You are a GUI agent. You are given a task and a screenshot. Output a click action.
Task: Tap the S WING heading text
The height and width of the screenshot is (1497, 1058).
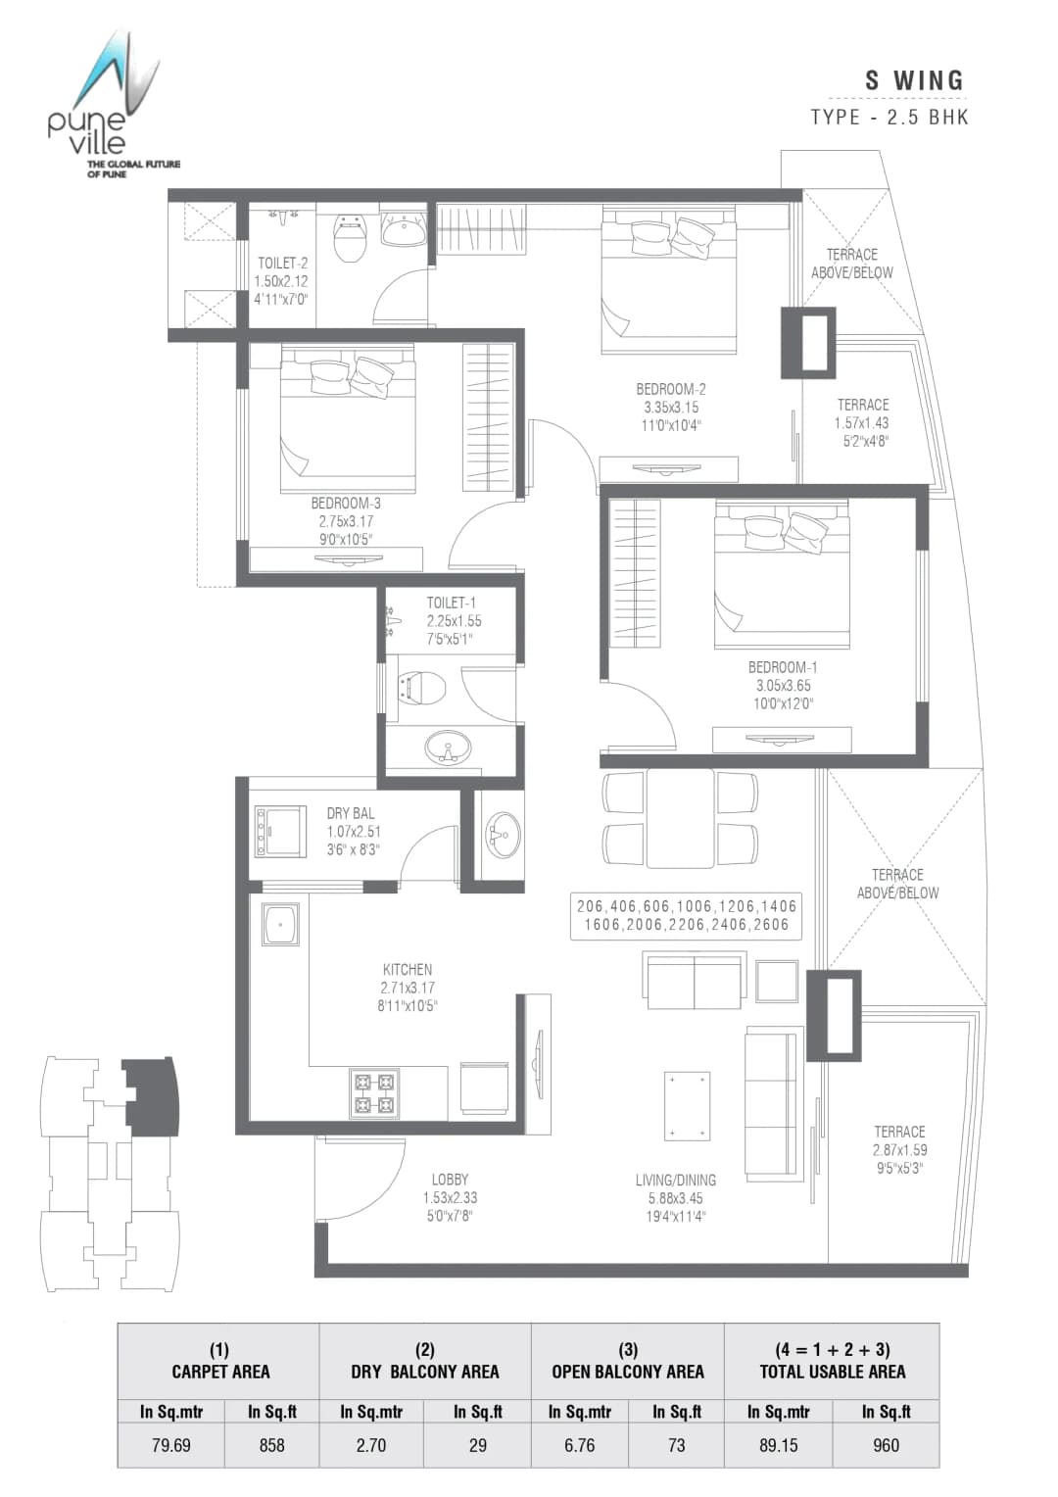pos(914,81)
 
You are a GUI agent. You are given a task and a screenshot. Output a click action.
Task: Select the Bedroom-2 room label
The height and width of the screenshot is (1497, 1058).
pos(671,407)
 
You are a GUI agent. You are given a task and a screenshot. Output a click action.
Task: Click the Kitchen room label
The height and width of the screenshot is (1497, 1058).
pos(408,987)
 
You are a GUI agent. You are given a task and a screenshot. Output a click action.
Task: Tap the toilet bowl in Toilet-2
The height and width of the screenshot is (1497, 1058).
pos(350,238)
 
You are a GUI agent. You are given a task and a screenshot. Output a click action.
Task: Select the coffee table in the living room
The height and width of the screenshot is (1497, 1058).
pos(687,1106)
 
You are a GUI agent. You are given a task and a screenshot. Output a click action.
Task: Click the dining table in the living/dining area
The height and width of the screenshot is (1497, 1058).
pos(680,818)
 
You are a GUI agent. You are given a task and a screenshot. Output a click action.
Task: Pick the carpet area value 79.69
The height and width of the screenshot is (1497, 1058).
pos(171,1445)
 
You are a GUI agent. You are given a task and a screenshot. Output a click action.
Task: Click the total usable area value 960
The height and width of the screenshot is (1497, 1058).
pos(886,1445)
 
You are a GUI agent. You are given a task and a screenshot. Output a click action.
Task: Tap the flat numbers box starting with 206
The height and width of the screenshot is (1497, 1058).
pos(686,915)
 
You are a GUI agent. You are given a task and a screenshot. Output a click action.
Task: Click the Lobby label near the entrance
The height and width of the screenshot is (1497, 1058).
pos(450,1197)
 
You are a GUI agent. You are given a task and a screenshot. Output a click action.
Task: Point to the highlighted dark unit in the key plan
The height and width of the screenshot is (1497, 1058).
pos(154,1096)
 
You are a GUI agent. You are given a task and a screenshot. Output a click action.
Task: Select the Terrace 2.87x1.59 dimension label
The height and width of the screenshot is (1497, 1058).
pos(899,1149)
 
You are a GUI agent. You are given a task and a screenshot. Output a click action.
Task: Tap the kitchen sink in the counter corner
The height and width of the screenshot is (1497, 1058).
pos(281,924)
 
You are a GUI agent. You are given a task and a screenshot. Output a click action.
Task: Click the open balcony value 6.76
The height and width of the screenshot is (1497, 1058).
pos(579,1445)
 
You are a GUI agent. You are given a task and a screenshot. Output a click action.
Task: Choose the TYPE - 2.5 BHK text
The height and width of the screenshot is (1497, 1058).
pos(890,118)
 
